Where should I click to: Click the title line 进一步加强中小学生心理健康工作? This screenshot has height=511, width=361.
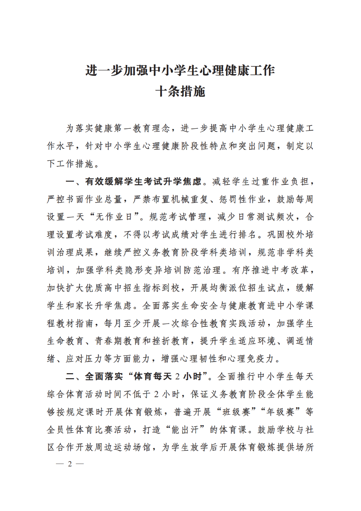180,71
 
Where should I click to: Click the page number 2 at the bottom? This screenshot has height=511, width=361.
69,465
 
